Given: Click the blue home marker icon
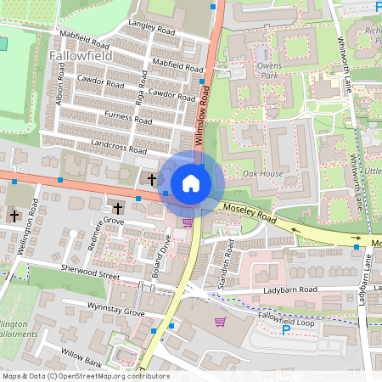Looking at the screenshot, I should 191,183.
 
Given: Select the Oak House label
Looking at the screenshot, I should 262,174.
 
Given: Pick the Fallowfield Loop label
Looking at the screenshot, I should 288,315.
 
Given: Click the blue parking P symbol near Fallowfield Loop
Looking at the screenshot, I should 285,329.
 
